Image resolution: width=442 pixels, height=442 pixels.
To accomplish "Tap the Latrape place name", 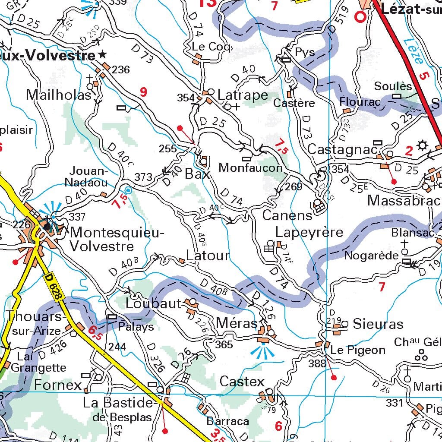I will [243, 95].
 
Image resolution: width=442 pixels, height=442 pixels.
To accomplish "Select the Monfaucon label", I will [250, 167].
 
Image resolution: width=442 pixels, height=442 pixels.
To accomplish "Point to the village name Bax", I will [197, 174].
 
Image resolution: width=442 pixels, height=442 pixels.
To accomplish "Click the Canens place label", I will [287, 215].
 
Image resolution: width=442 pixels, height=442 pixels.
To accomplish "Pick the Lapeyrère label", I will [309, 232].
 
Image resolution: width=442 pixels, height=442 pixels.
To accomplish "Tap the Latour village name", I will [208, 255].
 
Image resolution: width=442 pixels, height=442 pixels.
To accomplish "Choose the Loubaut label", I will [153, 303].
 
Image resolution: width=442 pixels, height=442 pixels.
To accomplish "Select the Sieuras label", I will [378, 324].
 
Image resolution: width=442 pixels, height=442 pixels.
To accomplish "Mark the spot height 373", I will [143, 177].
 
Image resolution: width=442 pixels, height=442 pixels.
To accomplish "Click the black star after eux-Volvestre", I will [102, 55].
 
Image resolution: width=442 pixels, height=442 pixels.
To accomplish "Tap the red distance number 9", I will [143, 92].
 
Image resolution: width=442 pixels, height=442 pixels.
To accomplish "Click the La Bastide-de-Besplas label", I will [119, 409].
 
